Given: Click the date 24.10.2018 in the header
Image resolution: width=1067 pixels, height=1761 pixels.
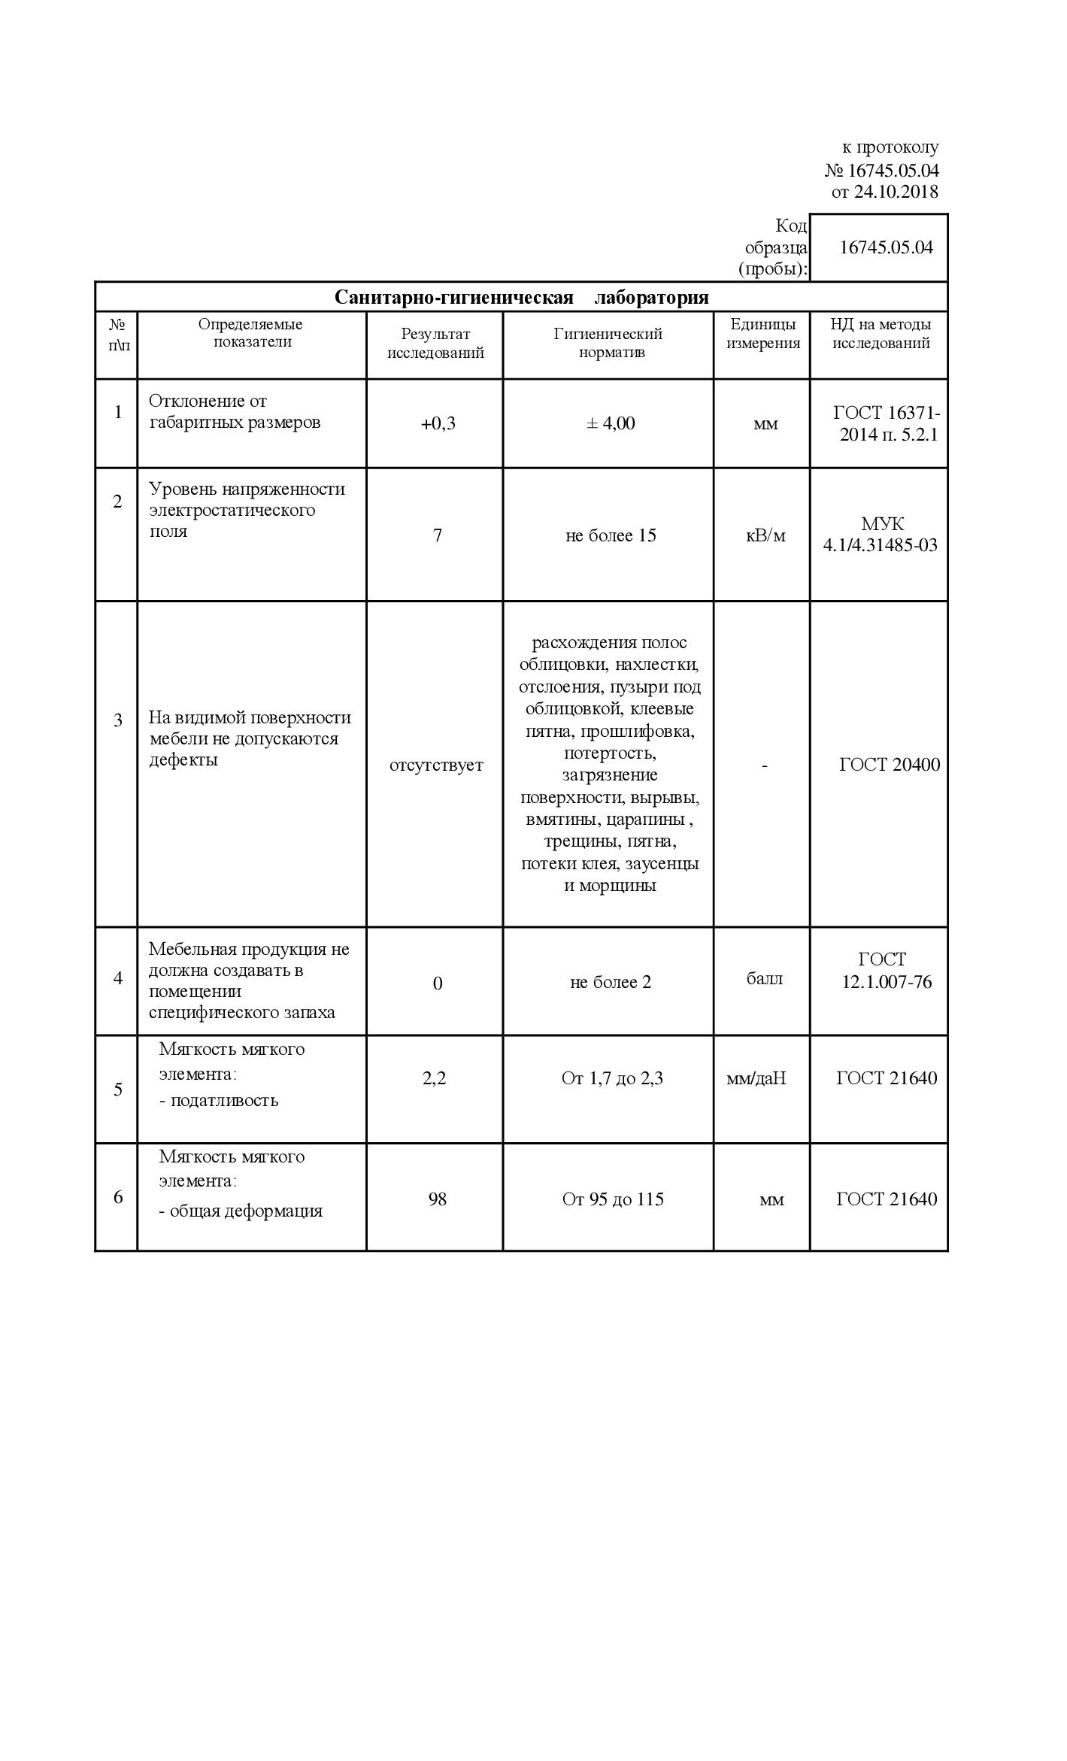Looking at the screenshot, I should [896, 192].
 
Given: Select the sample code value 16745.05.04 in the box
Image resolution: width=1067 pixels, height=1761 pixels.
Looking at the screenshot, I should [886, 247].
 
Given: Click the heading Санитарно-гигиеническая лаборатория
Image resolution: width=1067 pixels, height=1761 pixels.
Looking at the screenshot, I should [521, 297].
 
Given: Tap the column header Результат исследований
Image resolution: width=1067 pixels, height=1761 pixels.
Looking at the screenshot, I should [435, 344].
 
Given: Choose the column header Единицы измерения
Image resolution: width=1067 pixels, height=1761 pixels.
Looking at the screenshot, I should [762, 334].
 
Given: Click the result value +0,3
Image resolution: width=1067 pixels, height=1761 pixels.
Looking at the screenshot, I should [438, 423].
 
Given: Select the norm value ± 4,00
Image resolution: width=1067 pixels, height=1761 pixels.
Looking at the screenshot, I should [610, 423].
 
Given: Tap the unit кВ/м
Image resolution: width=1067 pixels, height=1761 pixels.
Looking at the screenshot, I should [765, 535].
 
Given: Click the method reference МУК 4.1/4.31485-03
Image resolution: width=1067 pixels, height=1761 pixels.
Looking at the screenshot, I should [881, 535].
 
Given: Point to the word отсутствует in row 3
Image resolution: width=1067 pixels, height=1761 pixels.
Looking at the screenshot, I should [436, 765].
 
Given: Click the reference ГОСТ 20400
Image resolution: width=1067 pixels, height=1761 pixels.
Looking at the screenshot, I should [889, 765].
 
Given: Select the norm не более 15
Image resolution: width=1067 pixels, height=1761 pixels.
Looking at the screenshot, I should [611, 535].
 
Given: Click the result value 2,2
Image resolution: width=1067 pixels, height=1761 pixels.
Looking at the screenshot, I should [435, 1078].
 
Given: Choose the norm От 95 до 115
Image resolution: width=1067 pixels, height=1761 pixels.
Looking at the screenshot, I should [613, 1199].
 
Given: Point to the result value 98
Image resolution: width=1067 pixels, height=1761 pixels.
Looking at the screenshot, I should [437, 1199].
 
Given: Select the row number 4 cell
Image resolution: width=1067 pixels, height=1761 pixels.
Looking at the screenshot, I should [117, 978].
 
